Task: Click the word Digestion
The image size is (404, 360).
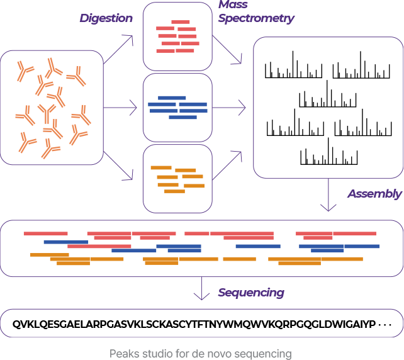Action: pyautogui.click(x=106, y=18)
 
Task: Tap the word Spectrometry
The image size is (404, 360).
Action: pyautogui.click(x=255, y=18)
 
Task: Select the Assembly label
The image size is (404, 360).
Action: pyautogui.click(x=374, y=194)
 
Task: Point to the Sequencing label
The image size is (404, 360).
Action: pyautogui.click(x=250, y=293)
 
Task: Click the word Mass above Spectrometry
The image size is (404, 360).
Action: pyautogui.click(x=233, y=5)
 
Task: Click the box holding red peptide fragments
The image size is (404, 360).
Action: pyautogui.click(x=177, y=36)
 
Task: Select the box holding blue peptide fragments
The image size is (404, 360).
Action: pyautogui.click(x=177, y=107)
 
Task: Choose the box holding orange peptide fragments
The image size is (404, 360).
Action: pyautogui.click(x=177, y=179)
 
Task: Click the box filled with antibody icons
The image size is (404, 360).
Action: pyautogui.click(x=52, y=108)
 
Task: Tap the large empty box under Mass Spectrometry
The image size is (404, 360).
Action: pyautogui.click(x=328, y=108)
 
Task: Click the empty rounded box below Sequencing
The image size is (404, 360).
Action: pyautogui.click(x=201, y=323)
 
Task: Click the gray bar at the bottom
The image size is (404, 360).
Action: pyautogui.click(x=200, y=354)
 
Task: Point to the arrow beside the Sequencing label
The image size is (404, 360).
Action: pyautogui.click(x=201, y=289)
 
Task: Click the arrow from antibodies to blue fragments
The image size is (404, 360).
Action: pyautogui.click(x=120, y=108)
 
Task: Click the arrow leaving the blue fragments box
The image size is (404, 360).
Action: pyautogui.click(x=229, y=108)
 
